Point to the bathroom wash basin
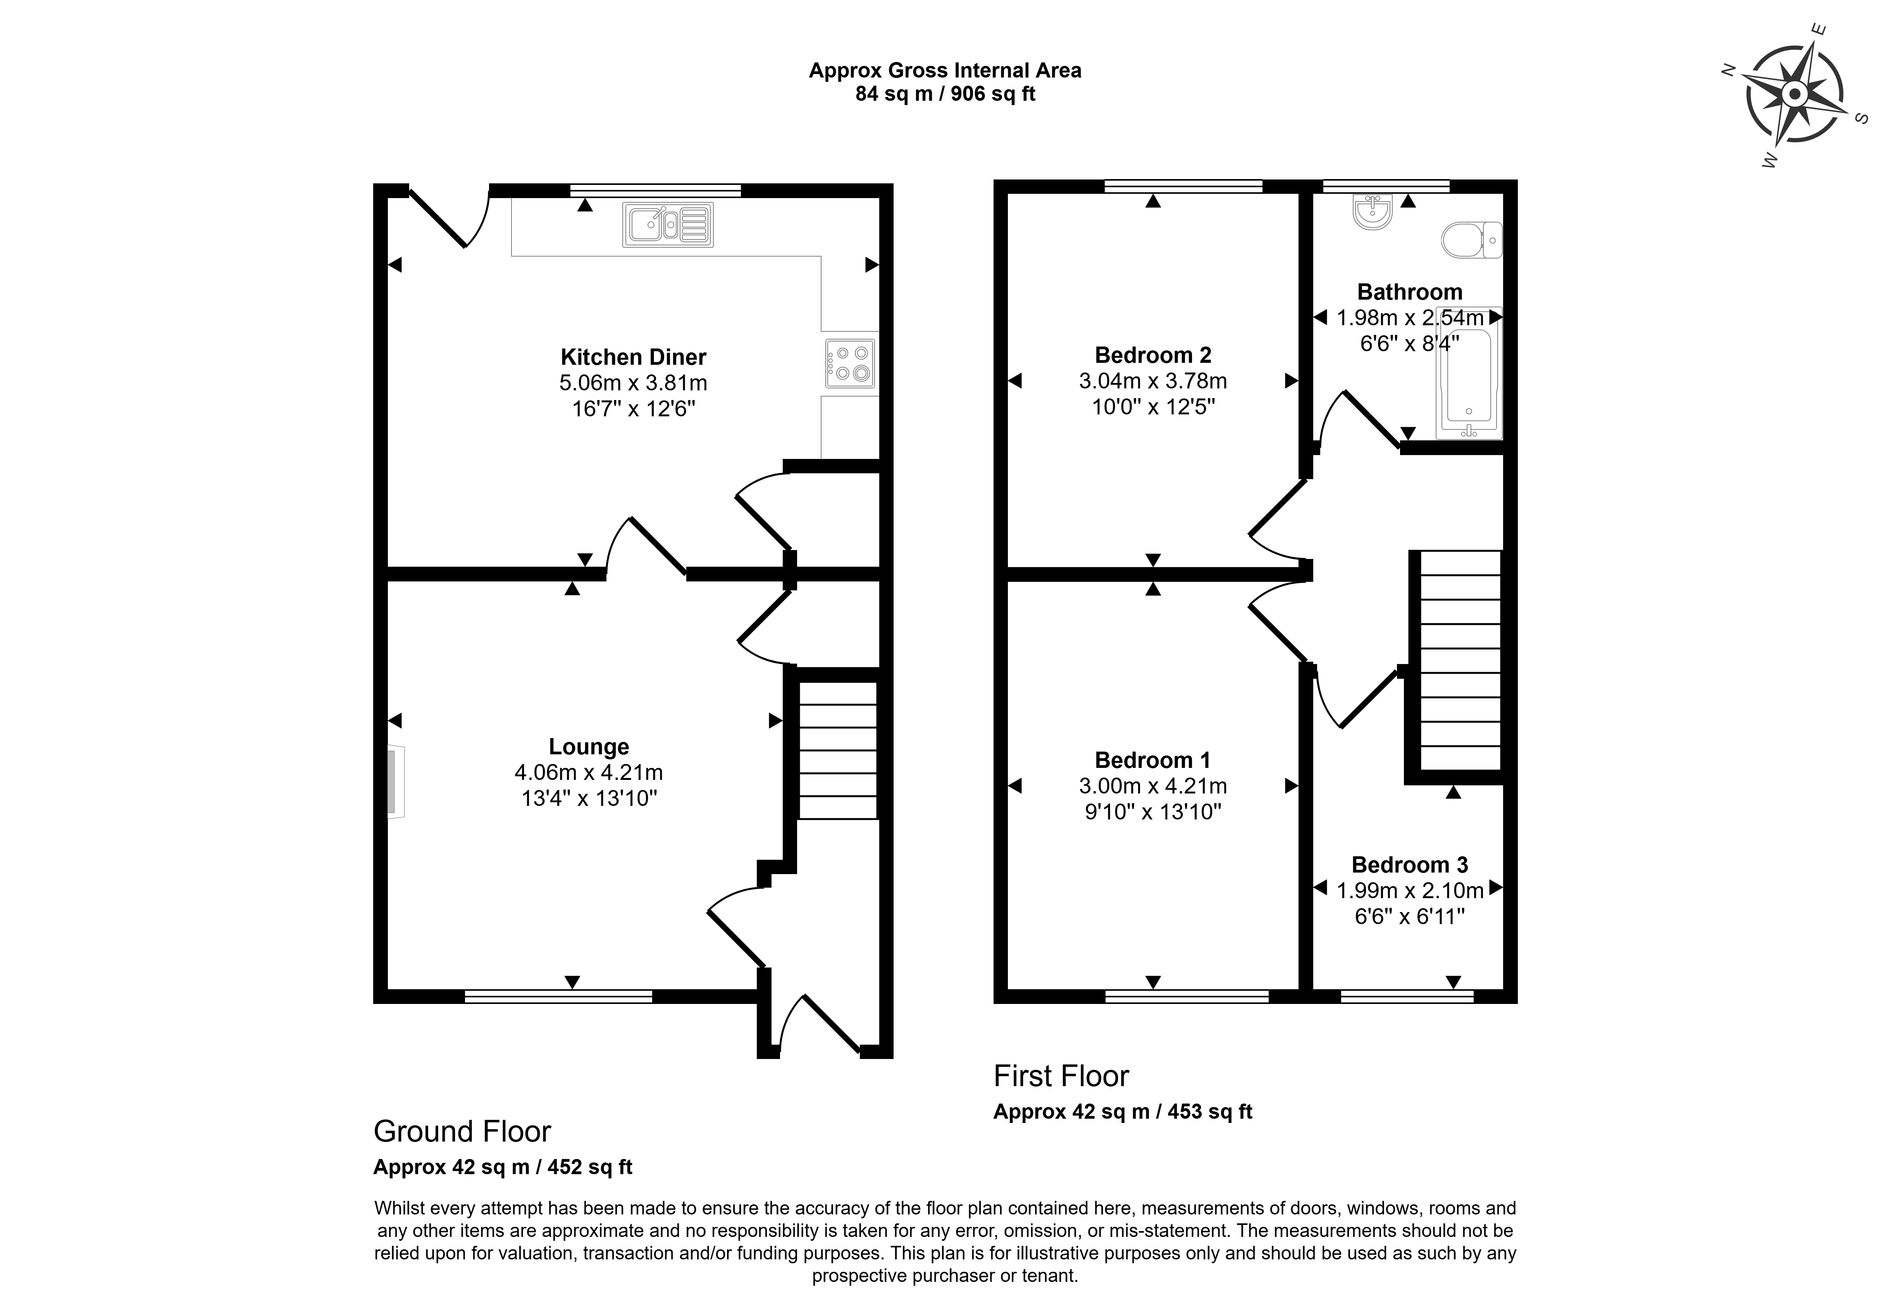click(1372, 211)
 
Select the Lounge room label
click(589, 747)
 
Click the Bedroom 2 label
click(1153, 355)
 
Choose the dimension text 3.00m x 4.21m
click(1153, 786)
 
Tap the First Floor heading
click(1061, 1076)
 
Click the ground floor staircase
click(837, 750)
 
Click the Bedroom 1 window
click(1187, 996)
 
